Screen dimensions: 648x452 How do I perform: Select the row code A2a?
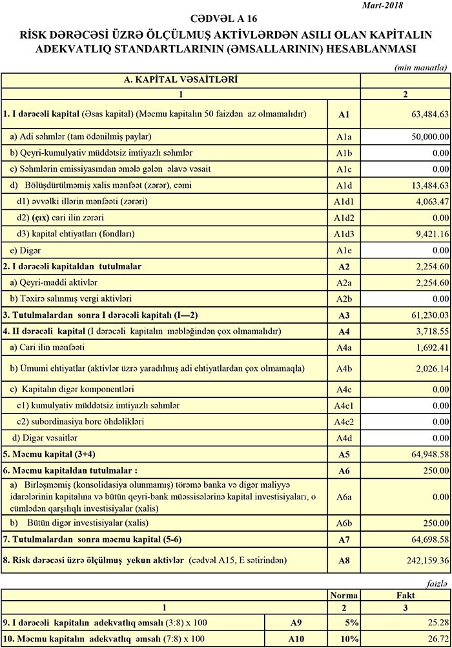point(343,282)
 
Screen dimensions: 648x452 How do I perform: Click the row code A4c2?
point(343,422)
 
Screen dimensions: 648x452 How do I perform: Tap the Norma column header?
point(344,594)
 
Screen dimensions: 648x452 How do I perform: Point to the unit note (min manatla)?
point(420,67)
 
